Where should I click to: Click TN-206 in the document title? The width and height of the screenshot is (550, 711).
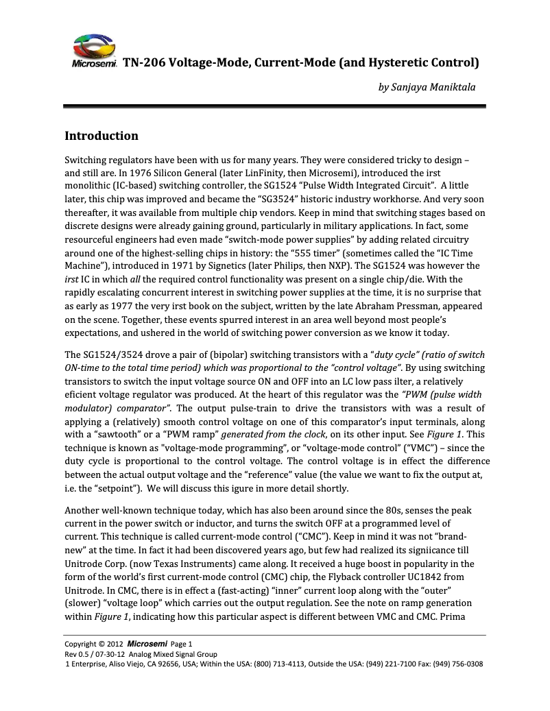click(x=142, y=63)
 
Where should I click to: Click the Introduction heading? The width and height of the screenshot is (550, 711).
click(x=101, y=136)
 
